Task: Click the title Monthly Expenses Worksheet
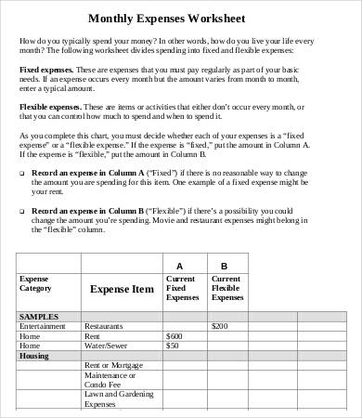tap(181, 17)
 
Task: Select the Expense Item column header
tap(121, 289)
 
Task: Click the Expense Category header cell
tap(37, 283)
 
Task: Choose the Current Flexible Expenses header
tap(226, 289)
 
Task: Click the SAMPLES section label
tap(39, 316)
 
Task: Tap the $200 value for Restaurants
tap(220, 326)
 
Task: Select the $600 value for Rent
tap(174, 335)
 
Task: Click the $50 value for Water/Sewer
tap(172, 346)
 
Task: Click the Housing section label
tap(34, 356)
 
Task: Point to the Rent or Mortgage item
tap(114, 366)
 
